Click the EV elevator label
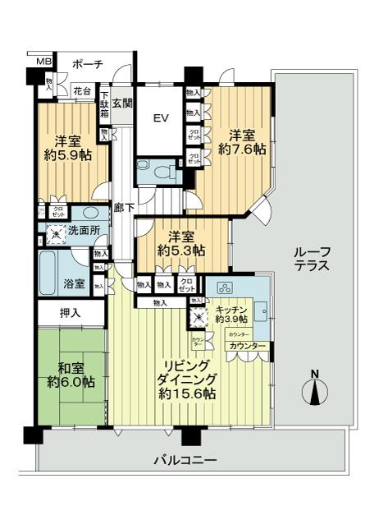coord(161,118)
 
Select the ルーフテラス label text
coord(313,259)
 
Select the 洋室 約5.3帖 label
coord(181,242)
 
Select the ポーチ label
coord(86,64)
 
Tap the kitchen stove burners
coord(223,288)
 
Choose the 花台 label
coord(81,92)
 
